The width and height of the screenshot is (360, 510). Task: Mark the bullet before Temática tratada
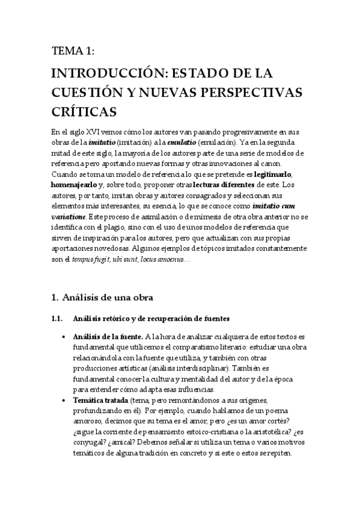pos(64,400)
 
